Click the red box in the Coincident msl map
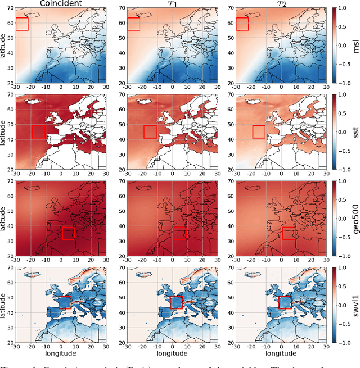pos(22,24)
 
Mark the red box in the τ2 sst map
pos(259,131)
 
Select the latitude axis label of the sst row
pos(4,131)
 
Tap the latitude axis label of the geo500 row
pos(4,217)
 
